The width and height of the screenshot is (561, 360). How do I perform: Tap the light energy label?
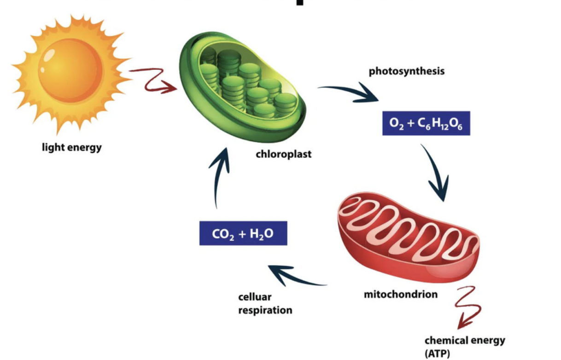click(71, 148)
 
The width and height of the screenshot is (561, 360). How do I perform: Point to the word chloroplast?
click(283, 154)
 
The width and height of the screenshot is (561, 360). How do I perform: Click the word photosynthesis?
click(406, 71)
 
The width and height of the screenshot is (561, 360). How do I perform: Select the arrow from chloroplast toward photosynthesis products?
click(350, 92)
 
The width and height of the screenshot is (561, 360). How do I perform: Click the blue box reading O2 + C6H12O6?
click(426, 123)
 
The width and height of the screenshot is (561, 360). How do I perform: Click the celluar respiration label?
click(265, 304)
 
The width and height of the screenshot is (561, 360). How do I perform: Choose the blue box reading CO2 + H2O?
click(243, 233)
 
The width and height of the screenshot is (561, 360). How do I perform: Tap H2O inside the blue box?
click(262, 234)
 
